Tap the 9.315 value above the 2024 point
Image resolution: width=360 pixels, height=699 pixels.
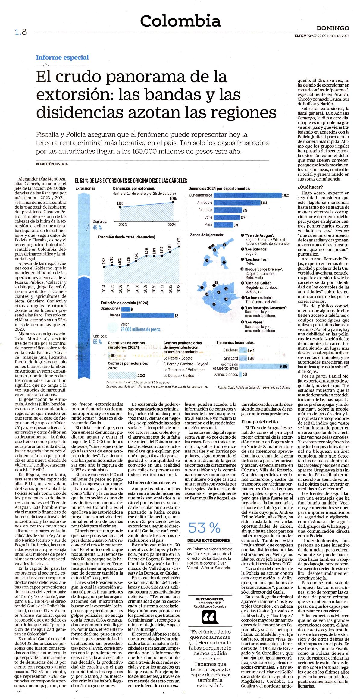[x=173, y=198]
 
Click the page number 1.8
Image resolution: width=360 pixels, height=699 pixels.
[x=21, y=32]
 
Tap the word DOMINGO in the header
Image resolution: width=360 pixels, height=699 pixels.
[x=333, y=28]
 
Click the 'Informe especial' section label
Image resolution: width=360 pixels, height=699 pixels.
[x=62, y=57]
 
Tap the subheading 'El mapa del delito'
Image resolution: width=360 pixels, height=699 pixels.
[x=260, y=422]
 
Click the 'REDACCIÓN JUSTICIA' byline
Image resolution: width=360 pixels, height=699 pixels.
[x=52, y=164]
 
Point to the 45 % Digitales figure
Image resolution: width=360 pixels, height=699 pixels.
[x=97, y=227]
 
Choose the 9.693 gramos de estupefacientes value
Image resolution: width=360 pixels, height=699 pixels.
[x=284, y=366]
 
